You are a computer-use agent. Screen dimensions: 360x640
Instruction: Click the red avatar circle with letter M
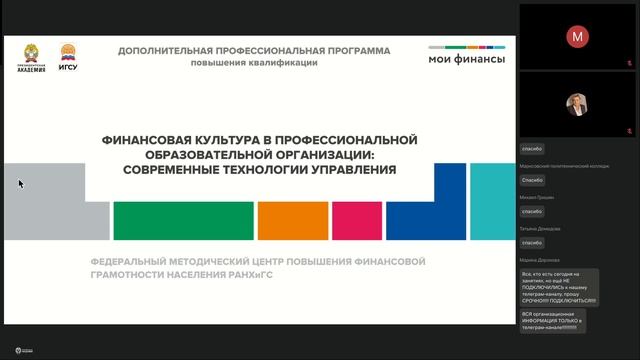[577, 36]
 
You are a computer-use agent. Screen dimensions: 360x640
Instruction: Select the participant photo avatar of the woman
[577, 104]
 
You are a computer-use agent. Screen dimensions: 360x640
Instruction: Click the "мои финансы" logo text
[466, 59]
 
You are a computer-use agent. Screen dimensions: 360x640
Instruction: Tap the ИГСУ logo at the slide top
[68, 56]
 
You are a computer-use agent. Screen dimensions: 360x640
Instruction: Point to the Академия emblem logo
[31, 56]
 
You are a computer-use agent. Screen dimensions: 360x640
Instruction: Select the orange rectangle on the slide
[292, 221]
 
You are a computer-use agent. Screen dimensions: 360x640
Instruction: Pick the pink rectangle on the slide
[355, 221]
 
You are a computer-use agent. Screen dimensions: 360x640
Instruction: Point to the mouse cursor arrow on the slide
[20, 183]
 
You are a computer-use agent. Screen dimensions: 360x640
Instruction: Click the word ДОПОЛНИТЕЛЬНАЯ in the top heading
[172, 50]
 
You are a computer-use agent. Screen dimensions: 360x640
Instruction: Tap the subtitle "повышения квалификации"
[254, 62]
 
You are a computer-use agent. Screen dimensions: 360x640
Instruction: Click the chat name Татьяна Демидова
[540, 228]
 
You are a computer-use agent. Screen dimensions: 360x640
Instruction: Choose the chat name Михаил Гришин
[537, 197]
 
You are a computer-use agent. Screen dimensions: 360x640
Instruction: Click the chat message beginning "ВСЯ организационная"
[552, 320]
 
